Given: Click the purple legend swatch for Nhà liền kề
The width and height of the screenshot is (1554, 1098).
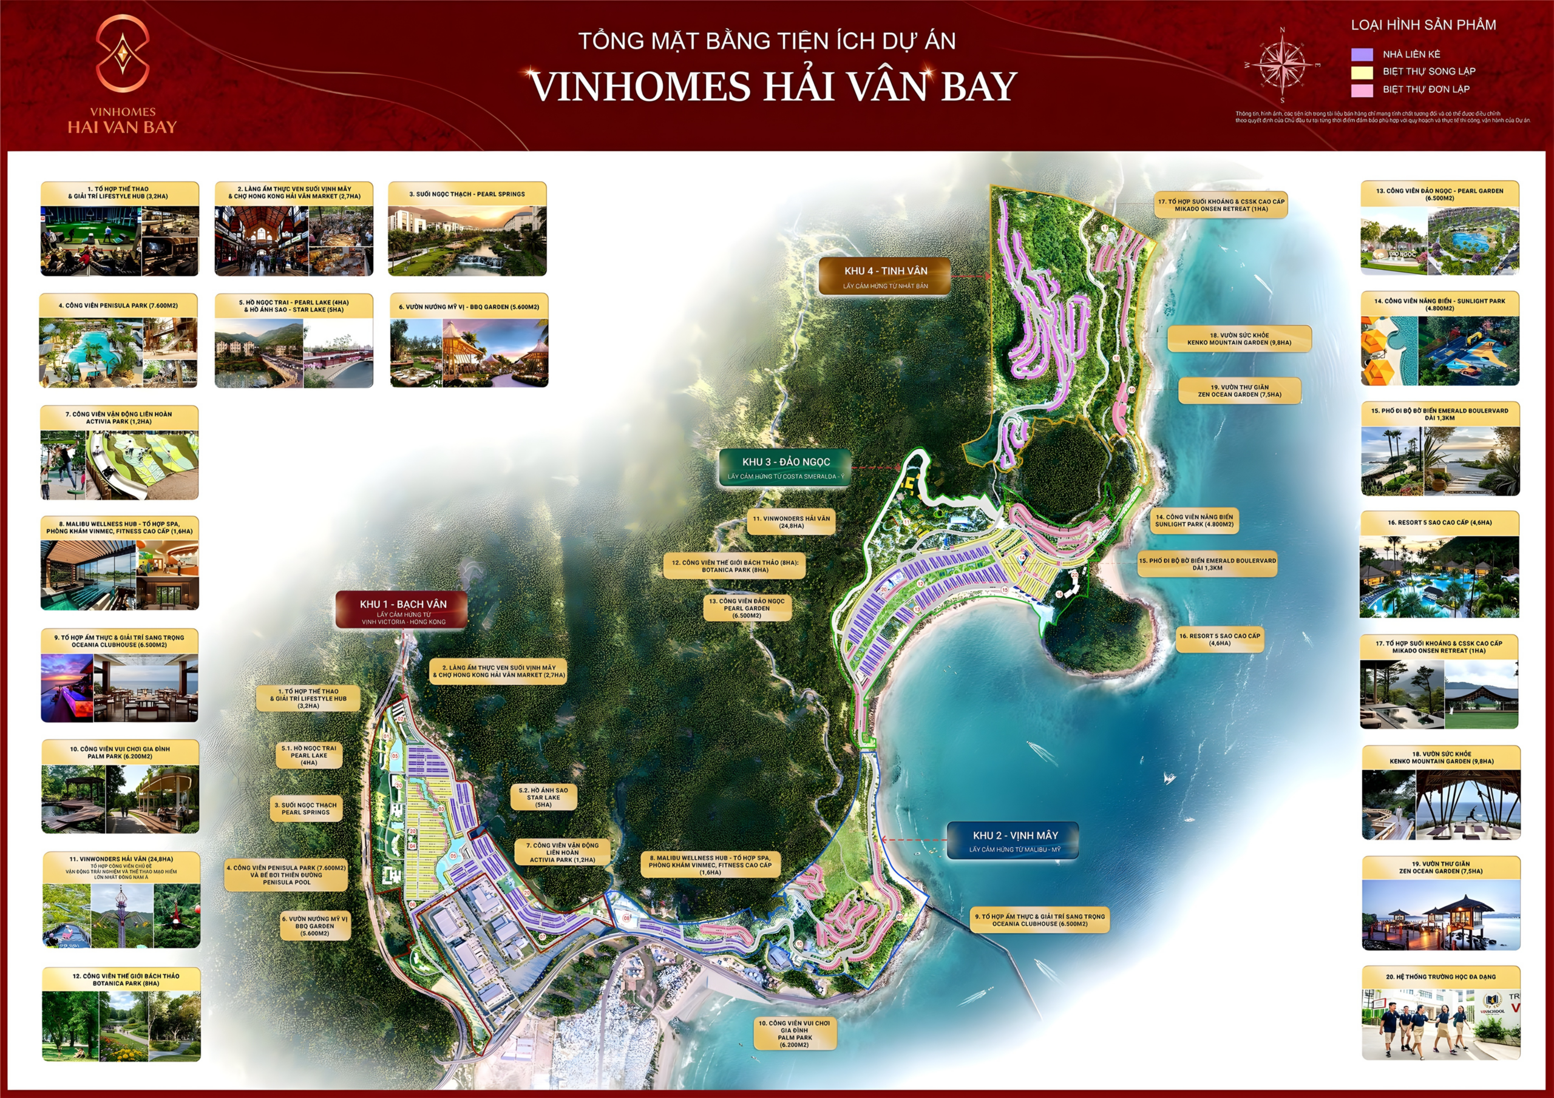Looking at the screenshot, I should pos(1362,54).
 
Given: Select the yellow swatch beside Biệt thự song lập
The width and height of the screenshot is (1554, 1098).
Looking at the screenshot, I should pos(1362,72).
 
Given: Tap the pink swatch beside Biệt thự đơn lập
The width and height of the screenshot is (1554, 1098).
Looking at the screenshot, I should pos(1362,89).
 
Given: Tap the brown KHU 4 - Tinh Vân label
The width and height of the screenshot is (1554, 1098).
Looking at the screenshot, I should pos(884,276).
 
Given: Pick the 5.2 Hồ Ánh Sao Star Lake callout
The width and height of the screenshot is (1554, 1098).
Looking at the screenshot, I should pos(543,797).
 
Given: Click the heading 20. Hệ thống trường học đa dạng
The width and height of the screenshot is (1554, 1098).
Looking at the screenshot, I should pos(1440,976).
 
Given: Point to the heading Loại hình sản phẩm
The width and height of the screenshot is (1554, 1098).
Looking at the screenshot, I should pos(1423,25).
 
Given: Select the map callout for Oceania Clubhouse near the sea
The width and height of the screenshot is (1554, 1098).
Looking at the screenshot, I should pos(1040,920).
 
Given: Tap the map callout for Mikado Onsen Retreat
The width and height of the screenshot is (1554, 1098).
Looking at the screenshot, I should pos(1220,205).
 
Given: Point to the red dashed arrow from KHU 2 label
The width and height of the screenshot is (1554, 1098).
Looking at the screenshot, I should pos(913,840).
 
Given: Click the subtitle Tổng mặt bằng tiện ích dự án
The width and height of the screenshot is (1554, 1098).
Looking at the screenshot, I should pos(767,41).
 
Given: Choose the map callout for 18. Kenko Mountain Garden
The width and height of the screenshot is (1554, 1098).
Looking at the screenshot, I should pos(1238,339).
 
